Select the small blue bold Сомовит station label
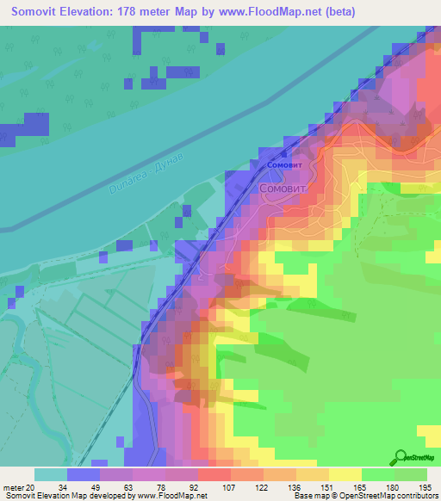click(285, 164)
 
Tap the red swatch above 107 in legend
click(214, 474)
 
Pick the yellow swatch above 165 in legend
click(345, 474)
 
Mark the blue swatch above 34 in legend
click(84, 474)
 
